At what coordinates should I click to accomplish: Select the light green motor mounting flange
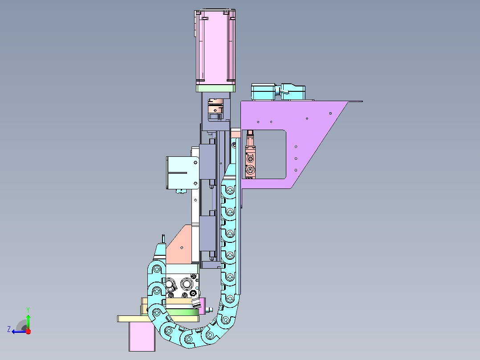(216, 89)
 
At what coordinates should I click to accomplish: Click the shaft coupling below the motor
(216, 109)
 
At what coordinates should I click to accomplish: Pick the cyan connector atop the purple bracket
(278, 92)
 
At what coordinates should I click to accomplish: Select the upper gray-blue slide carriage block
(207, 161)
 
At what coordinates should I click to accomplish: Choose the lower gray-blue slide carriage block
(207, 233)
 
